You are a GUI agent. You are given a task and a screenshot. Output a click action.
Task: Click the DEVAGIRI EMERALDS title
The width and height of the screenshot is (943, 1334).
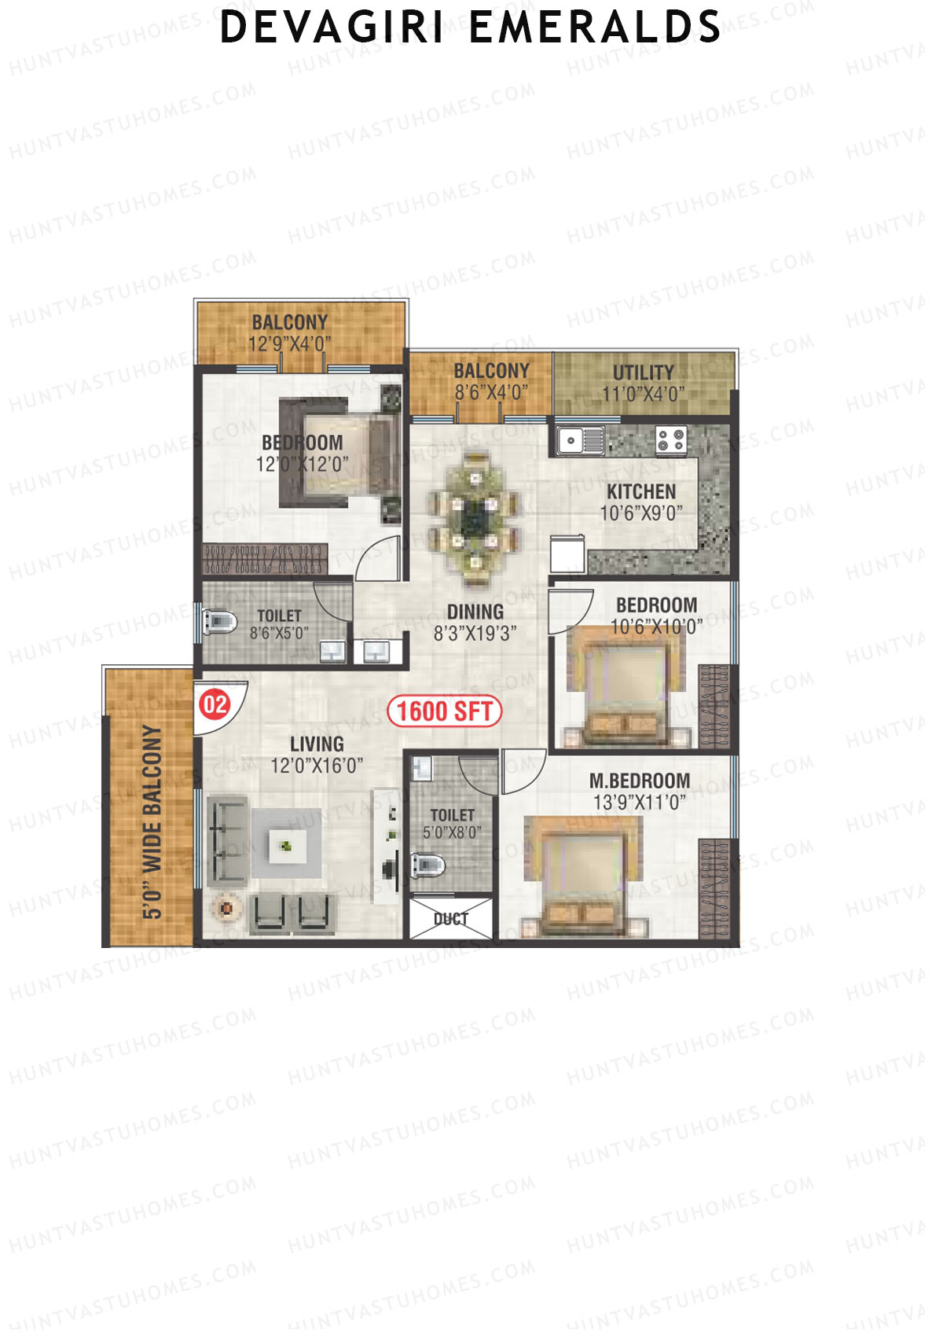470,28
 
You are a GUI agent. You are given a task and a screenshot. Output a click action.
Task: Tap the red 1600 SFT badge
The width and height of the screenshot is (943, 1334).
444,711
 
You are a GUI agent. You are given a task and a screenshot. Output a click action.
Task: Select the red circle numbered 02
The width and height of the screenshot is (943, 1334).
215,704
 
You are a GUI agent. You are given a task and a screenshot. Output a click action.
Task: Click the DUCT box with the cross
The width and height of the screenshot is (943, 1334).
451,918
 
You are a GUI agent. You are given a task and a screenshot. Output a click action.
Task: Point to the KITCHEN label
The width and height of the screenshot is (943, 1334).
641,492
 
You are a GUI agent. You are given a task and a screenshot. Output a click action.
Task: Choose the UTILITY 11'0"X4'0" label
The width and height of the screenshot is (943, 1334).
643,383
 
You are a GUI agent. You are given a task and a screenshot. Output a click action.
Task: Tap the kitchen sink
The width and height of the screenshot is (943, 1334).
582,440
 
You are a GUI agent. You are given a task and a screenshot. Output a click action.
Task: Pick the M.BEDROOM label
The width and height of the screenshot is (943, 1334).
640,781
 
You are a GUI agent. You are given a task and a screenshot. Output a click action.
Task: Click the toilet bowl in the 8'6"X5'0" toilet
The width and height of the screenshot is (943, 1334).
219,621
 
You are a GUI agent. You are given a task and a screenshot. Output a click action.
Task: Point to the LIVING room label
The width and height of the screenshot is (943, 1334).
317,744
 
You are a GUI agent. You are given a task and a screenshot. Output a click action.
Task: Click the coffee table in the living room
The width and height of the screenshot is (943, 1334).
286,845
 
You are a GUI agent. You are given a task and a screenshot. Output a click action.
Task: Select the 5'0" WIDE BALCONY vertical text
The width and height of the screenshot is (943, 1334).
152,821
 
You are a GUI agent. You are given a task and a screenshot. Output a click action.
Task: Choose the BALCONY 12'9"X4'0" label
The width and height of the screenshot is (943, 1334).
290,333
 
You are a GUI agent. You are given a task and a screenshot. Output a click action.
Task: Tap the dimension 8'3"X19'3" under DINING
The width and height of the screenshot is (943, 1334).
475,633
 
